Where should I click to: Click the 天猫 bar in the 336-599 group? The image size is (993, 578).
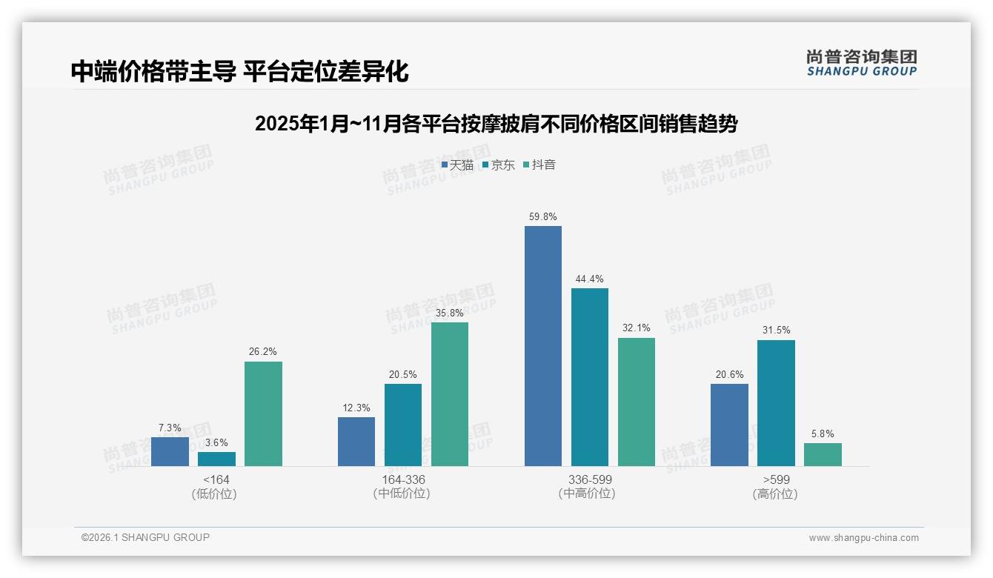[542, 346]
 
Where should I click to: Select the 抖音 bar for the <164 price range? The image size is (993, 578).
[263, 413]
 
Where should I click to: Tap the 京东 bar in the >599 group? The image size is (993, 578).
[776, 403]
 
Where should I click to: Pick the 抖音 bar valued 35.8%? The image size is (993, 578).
[450, 394]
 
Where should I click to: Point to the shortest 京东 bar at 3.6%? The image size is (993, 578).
[216, 459]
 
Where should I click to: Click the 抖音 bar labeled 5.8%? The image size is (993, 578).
[823, 454]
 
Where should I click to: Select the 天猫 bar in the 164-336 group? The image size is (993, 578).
[356, 442]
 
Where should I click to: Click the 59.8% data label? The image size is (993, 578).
[542, 217]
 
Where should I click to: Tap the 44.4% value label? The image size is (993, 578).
[589, 279]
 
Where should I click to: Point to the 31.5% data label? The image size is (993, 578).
[776, 330]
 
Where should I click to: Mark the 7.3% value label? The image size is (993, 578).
[170, 428]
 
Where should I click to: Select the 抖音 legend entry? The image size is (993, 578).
[539, 165]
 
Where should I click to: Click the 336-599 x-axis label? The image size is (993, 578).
[590, 479]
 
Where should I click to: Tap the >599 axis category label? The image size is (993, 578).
[776, 479]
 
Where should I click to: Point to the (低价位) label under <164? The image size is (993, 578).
[214, 494]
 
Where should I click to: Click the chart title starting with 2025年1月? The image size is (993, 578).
[496, 124]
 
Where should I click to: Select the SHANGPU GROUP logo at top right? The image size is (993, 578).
[861, 63]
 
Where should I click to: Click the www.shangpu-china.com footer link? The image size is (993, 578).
[863, 538]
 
